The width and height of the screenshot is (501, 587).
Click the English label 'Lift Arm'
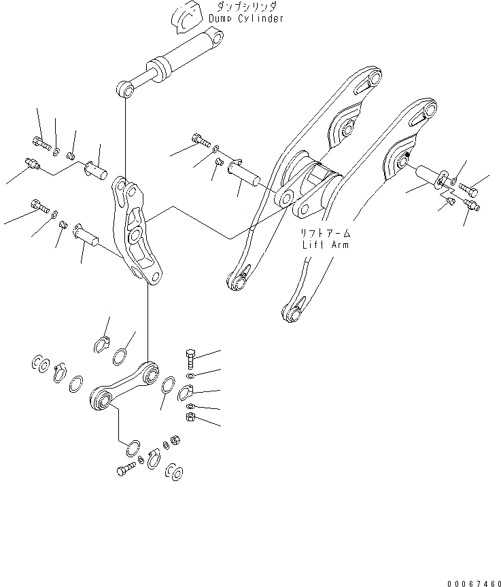point(325,245)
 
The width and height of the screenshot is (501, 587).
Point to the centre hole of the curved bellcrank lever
point(136,235)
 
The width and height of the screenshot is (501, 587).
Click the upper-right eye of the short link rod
point(150,371)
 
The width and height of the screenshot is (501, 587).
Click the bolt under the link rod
point(128,469)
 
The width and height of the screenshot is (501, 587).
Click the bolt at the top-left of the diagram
point(40,143)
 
